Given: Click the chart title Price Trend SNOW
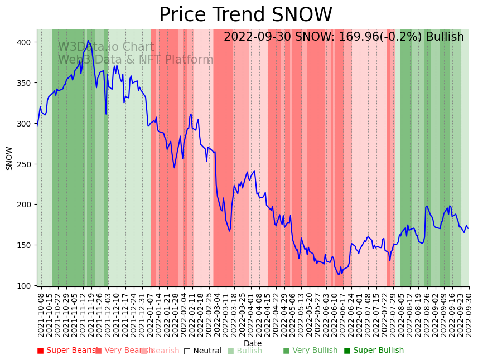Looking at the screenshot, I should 245,15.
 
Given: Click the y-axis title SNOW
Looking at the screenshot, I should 9,158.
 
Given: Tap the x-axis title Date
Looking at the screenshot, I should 252,343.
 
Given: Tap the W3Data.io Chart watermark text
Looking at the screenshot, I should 106,47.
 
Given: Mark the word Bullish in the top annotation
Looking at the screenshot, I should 445,37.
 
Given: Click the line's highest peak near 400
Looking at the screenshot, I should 88,41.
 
